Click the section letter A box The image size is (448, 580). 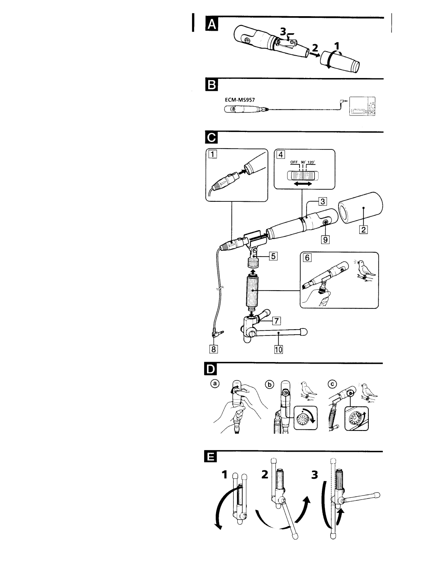point(212,24)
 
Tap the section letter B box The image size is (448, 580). point(212,85)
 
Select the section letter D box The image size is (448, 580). point(211,370)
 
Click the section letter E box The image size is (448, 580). point(211,458)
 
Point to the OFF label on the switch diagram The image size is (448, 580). point(294,162)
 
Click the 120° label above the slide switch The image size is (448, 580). point(311,162)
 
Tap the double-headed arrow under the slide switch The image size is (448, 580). point(303,184)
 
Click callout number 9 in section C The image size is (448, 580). point(325,240)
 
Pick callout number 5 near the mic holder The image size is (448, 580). point(273,256)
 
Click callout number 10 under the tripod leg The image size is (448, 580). point(278,349)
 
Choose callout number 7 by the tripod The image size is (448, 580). point(277,321)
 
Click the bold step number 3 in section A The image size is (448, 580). point(282,32)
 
